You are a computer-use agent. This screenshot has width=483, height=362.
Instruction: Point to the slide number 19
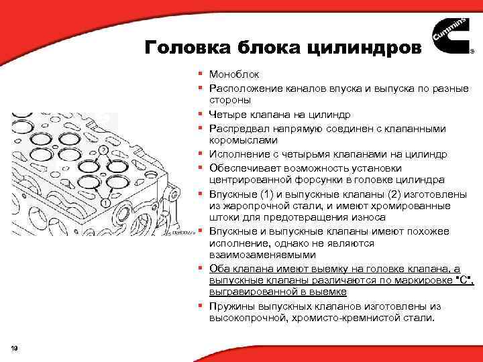[x=15, y=346]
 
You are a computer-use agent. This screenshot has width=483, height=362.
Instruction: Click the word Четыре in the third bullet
[x=227, y=115]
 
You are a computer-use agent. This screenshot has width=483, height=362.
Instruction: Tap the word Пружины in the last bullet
[x=229, y=306]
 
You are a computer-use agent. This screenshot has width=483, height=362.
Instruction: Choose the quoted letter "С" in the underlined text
[x=462, y=281]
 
